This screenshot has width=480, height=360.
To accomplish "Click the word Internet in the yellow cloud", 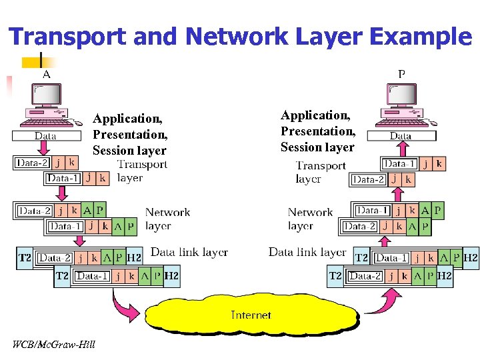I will click(251, 315).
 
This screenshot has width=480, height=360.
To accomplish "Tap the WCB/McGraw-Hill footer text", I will click(53, 344).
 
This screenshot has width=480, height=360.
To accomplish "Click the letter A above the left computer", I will click(46, 74).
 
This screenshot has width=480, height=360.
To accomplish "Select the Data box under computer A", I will click(45, 135).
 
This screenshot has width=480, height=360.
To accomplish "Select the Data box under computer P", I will click(401, 135).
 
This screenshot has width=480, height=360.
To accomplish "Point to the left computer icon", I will click(47, 107).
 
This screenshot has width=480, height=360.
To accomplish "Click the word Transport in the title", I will click(69, 37).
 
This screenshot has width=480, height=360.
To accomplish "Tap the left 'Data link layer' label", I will click(189, 253).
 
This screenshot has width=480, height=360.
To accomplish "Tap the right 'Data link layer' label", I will click(307, 252).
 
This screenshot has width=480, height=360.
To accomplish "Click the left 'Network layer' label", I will click(167, 219).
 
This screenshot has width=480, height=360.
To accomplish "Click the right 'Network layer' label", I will click(310, 219).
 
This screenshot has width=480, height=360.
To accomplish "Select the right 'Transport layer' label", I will click(320, 172).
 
